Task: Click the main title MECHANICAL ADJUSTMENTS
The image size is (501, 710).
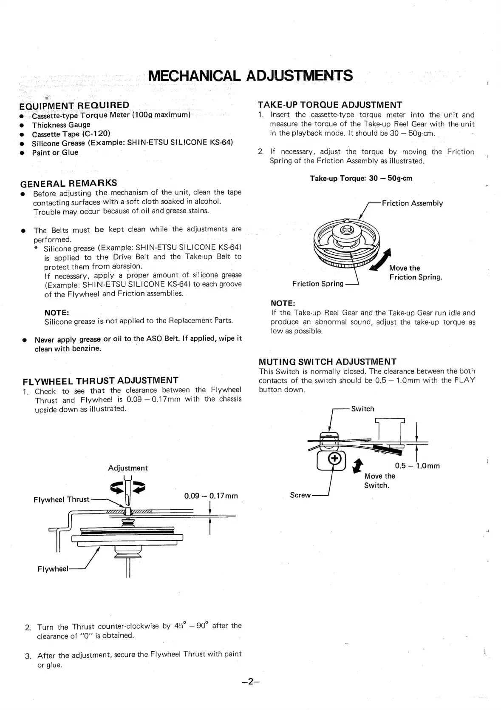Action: [x=250, y=76]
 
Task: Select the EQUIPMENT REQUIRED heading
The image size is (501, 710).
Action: [x=74, y=106]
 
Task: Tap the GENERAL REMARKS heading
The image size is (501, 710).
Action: [x=68, y=183]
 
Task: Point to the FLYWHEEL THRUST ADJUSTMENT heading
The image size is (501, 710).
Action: [x=100, y=380]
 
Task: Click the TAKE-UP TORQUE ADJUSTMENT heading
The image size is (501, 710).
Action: [x=330, y=105]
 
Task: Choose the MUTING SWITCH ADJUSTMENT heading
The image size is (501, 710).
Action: [x=327, y=362]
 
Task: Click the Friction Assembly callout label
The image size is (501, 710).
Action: [x=412, y=203]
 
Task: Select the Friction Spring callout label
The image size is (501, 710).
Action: [x=317, y=284]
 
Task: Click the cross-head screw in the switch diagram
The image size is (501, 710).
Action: [x=335, y=459]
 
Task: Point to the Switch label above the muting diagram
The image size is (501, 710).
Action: [x=362, y=409]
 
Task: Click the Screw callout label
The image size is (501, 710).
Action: [x=300, y=495]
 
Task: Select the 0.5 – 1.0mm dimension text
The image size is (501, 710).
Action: [x=417, y=466]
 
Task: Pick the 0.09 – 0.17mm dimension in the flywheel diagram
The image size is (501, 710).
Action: [x=211, y=496]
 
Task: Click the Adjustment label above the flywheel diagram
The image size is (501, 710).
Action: [x=127, y=468]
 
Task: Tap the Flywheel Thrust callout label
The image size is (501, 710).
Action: [x=61, y=499]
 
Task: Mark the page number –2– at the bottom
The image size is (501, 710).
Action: [x=250, y=681]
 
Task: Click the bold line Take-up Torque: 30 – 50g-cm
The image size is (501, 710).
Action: [x=361, y=178]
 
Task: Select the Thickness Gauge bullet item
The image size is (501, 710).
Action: [x=61, y=125]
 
